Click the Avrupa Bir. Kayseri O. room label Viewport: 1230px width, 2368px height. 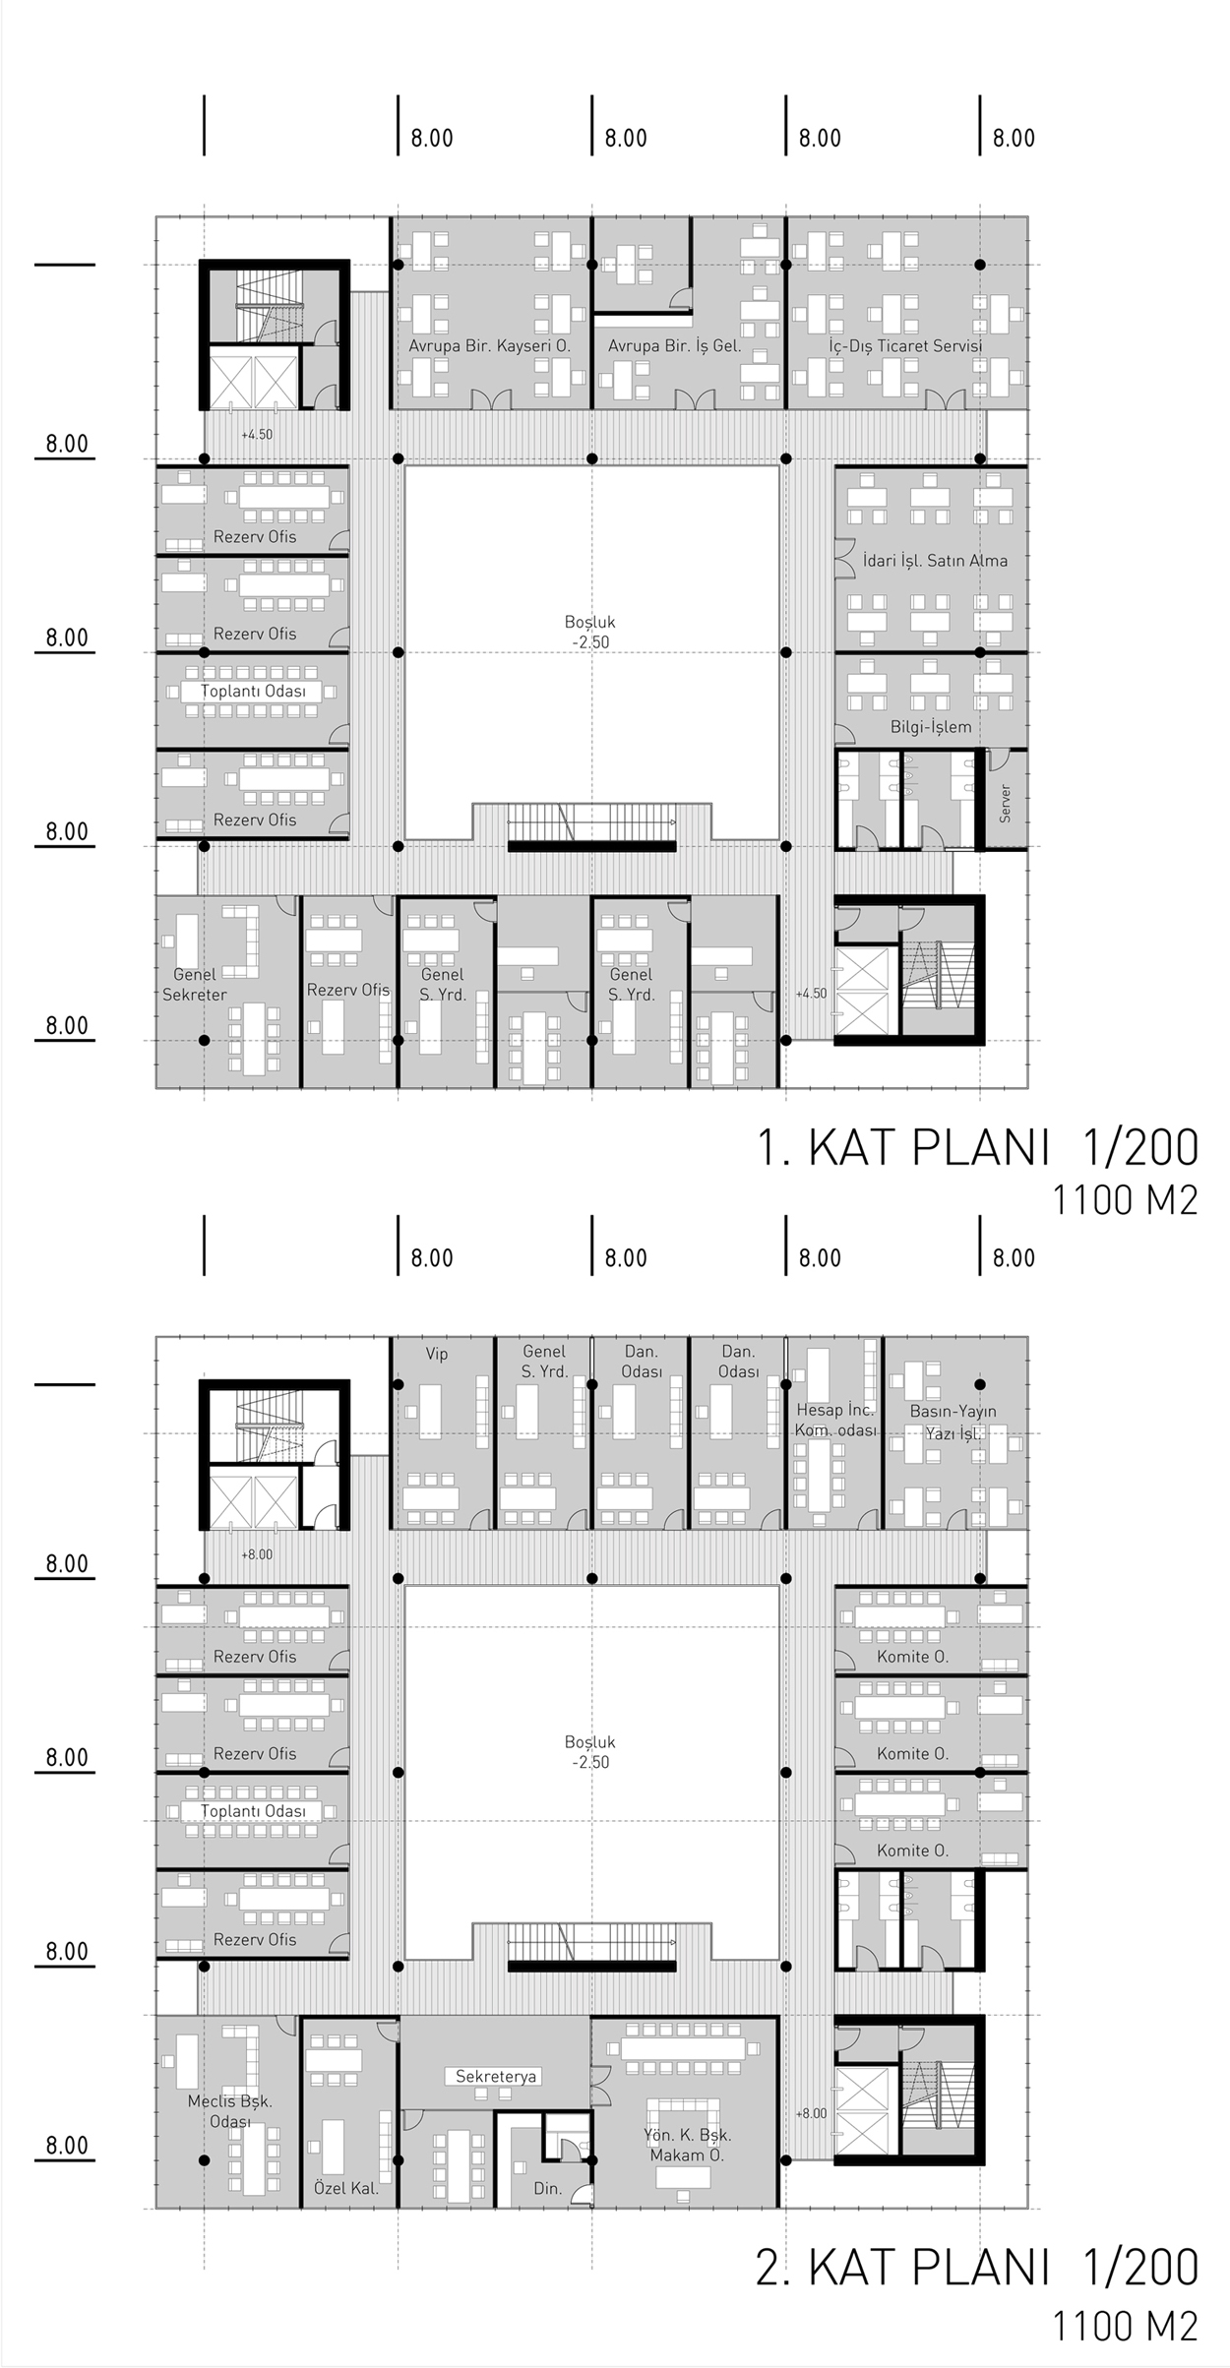(x=490, y=346)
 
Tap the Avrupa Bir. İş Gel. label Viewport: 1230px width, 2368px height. (x=675, y=346)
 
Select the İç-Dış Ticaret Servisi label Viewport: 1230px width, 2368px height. (x=905, y=346)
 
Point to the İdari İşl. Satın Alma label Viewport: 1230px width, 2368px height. (x=935, y=561)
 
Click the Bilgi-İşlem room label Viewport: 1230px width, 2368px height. (x=931, y=727)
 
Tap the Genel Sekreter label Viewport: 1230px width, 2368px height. (x=195, y=985)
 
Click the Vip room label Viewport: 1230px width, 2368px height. (x=437, y=1354)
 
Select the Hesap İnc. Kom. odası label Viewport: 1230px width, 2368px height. (x=835, y=1421)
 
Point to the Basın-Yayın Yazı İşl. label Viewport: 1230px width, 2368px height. (x=953, y=1423)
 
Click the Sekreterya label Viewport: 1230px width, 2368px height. (x=496, y=2077)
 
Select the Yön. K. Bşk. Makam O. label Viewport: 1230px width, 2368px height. (x=688, y=2145)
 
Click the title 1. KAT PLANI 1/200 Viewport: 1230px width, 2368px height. (x=977, y=1147)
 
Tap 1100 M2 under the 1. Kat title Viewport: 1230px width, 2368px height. (x=1126, y=1201)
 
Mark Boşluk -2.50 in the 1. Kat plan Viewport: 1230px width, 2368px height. (x=590, y=632)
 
